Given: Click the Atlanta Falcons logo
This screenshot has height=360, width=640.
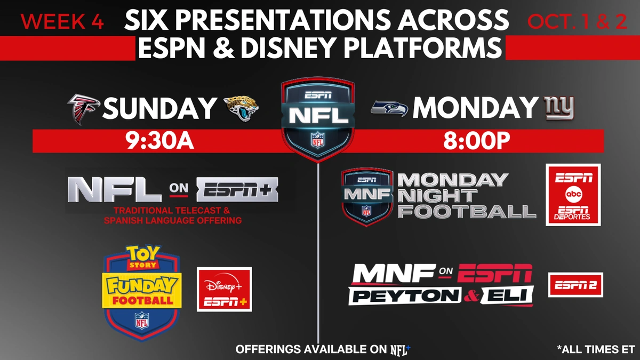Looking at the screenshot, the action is pos(83,109).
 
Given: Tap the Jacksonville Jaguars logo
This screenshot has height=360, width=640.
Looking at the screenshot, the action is pos(241,109).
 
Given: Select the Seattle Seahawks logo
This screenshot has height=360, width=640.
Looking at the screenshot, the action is pos(390,109).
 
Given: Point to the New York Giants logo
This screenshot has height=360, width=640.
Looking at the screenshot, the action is pos(559,108).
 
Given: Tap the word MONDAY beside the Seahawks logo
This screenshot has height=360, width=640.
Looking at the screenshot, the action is pos(474,107).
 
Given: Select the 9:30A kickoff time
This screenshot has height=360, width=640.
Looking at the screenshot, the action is pos(159,141).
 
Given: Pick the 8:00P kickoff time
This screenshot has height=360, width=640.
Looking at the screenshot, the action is pos(476,141).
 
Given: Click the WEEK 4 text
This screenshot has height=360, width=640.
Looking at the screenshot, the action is pos(62,21).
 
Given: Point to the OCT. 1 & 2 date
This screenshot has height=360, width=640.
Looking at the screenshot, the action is pos(577,21).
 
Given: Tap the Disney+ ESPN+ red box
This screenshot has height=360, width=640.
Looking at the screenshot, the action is pos(225,289).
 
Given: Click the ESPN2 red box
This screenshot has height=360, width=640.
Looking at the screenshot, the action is pos(575,285).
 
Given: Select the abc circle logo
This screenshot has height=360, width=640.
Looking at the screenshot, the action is pos(573,194).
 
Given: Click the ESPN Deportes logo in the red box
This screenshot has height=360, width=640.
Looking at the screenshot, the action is pos(572,213).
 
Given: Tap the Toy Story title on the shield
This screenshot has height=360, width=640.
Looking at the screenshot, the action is pos(142,257).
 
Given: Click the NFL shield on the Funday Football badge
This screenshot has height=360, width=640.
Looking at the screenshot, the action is pos(142,321).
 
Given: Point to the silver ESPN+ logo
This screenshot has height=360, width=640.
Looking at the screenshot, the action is pos(237,190).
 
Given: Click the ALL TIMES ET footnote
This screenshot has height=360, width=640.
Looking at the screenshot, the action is pos(593,349).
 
